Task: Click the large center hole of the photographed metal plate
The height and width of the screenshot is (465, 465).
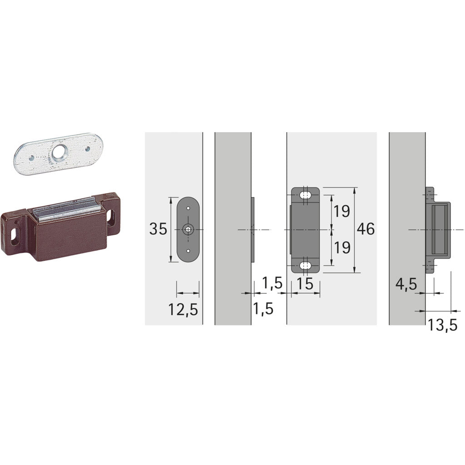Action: coord(58,154)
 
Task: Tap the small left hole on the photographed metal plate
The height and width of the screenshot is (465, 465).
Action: coord(31,158)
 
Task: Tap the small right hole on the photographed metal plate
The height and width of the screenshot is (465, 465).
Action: coord(87,148)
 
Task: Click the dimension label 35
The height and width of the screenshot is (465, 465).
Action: coord(158,229)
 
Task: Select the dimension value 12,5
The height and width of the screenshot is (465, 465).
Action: coord(183,310)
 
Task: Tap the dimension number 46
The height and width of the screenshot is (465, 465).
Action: coord(366,229)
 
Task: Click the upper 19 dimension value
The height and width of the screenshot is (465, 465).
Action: coord(341,211)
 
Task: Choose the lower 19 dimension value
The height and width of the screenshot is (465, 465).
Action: coord(341,247)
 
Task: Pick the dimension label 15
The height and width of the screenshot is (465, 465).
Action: coord(305,284)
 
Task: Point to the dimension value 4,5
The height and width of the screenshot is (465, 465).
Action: coord(406,284)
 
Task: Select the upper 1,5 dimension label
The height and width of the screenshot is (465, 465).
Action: coord(272,283)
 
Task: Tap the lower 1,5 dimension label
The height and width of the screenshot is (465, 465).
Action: coord(263,309)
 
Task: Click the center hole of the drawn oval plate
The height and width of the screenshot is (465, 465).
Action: coord(188,230)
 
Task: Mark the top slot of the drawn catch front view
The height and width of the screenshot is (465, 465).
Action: coord(306,195)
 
